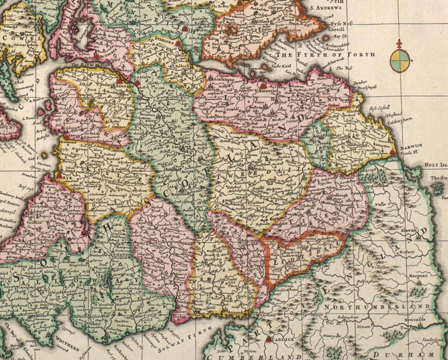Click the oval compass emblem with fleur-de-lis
pos(399,60)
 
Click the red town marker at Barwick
pos(393,153)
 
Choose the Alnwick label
pos(409,230)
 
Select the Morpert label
pos(418,276)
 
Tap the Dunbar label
pos(359,82)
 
